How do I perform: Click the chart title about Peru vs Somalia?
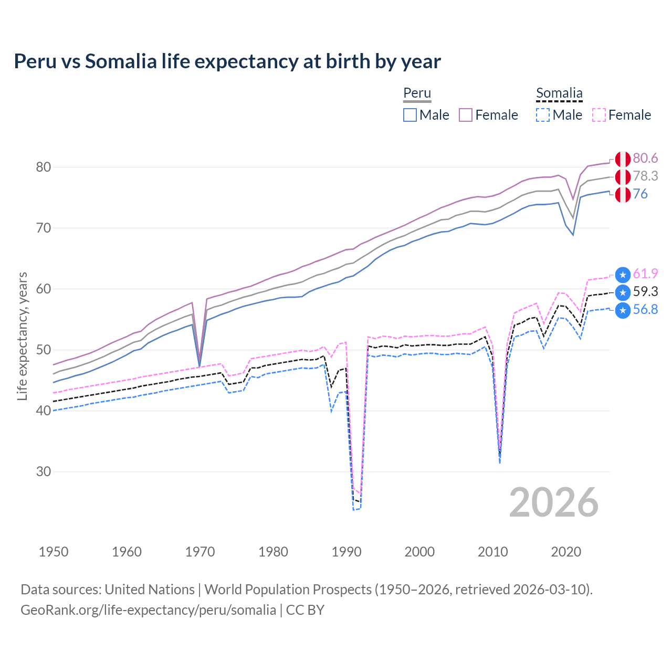227,61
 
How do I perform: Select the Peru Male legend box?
410,115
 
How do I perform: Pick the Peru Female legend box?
466,115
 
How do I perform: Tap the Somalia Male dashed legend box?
543,115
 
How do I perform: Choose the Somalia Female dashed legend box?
599,115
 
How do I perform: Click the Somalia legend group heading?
559,93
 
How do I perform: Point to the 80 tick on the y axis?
44,167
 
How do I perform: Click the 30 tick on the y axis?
44,471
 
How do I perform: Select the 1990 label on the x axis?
346,552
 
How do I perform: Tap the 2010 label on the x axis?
492,552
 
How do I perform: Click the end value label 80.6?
645,159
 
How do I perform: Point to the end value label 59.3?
645,291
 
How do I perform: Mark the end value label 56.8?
645,309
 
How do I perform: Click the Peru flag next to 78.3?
623,177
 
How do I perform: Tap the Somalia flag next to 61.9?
623,274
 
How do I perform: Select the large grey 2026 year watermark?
554,502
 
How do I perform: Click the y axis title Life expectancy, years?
23,336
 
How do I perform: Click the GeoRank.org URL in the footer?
148,610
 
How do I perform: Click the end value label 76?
640,194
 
